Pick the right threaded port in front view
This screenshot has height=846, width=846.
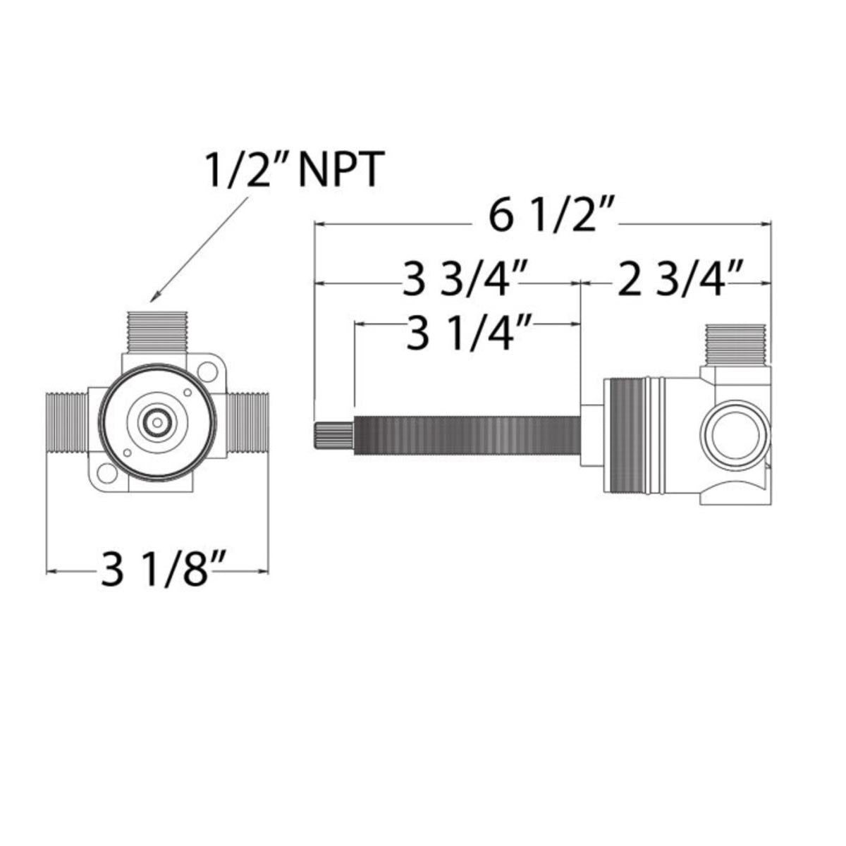click(x=247, y=423)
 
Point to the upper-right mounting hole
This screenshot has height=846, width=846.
click(x=207, y=369)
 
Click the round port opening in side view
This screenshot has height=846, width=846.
click(x=729, y=437)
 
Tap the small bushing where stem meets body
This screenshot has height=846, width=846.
click(x=591, y=436)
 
